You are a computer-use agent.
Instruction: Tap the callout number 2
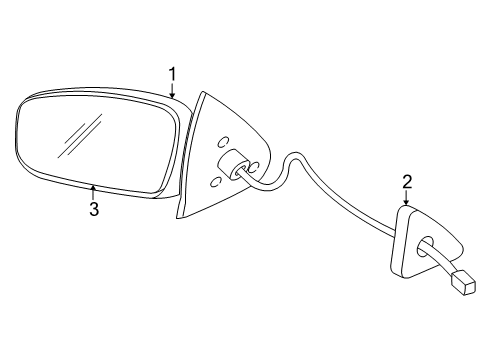pyautogui.click(x=407, y=181)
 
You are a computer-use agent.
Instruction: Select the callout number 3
pyautogui.click(x=93, y=209)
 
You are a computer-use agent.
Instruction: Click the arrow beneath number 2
pyautogui.click(x=407, y=198)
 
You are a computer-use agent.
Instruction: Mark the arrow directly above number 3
pyautogui.click(x=93, y=192)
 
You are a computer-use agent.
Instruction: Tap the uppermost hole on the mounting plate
pyautogui.click(x=222, y=141)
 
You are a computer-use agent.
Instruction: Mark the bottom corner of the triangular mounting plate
pyautogui.click(x=177, y=217)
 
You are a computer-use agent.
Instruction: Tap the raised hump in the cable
pyautogui.click(x=294, y=159)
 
